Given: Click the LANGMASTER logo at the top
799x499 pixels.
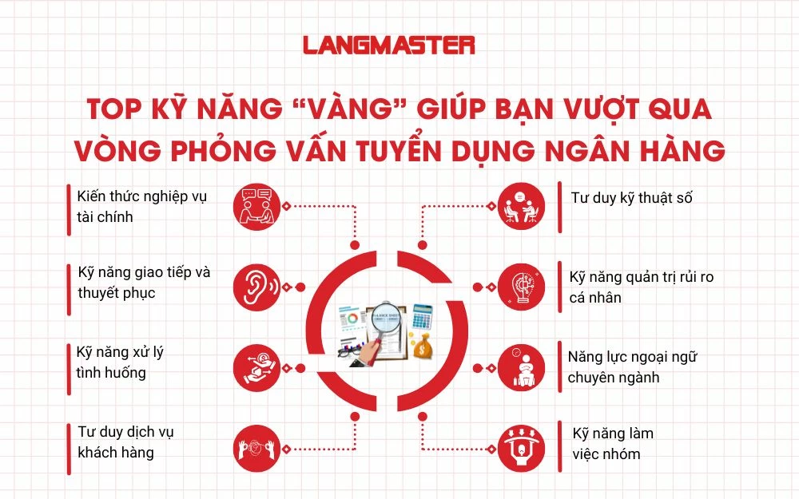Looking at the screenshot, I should pyautogui.click(x=389, y=46).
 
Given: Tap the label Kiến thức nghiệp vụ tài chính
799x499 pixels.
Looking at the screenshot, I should pyautogui.click(x=141, y=206).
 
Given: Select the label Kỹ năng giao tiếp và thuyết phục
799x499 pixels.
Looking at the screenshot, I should pyautogui.click(x=144, y=282).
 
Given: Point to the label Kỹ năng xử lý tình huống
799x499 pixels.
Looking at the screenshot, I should pyautogui.click(x=120, y=362).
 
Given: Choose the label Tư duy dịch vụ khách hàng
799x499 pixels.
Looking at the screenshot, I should pyautogui.click(x=125, y=442).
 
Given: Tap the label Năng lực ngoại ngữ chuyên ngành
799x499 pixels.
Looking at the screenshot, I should pyautogui.click(x=632, y=366).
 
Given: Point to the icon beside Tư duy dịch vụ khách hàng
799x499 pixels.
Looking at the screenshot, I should pyautogui.click(x=256, y=445).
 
